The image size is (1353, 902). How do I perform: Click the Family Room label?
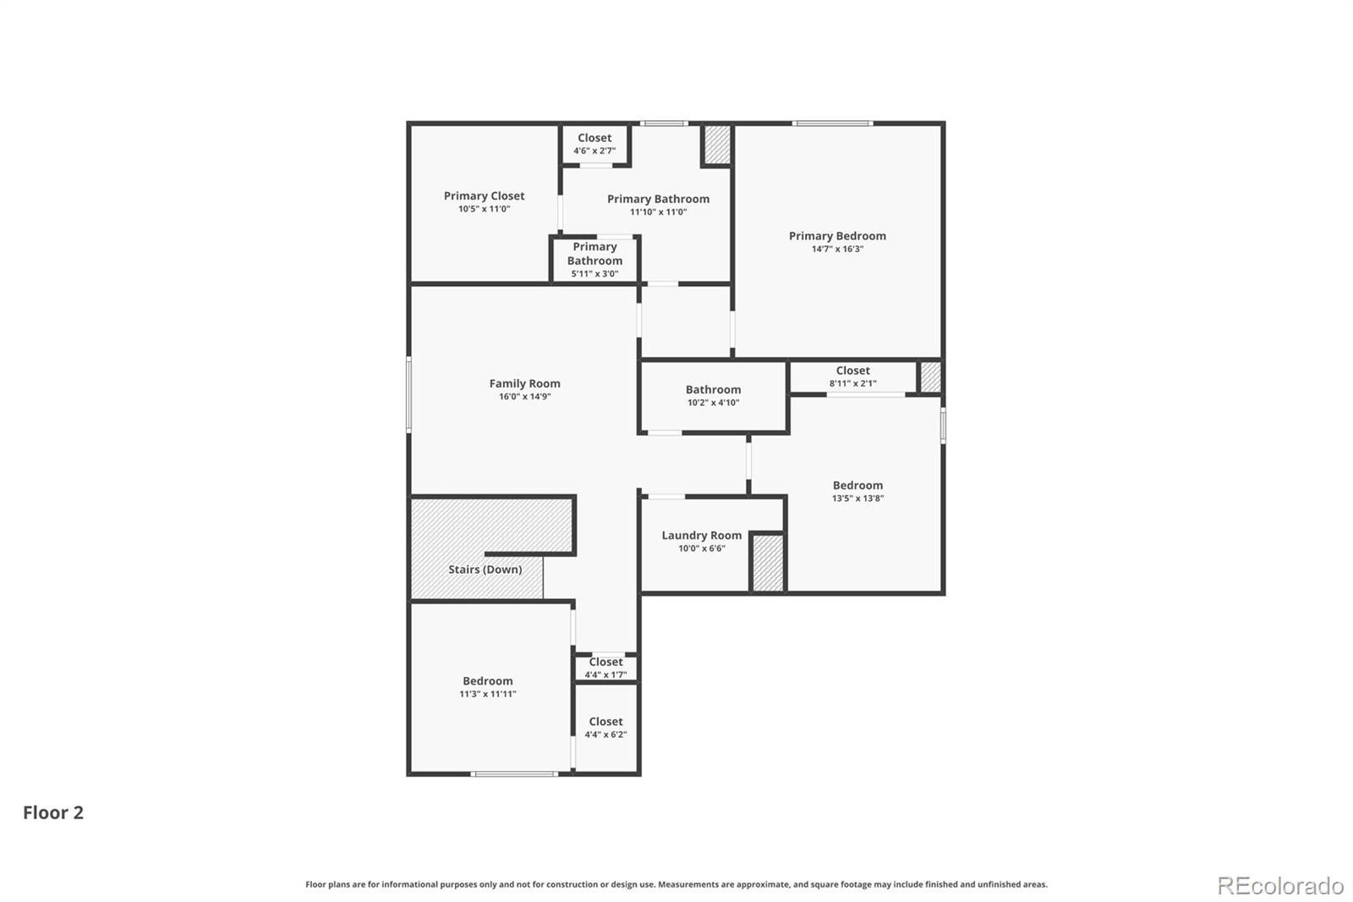click(x=524, y=383)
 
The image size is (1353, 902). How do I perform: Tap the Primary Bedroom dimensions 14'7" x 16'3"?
click(x=837, y=249)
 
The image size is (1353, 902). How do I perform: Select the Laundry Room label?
click(x=701, y=535)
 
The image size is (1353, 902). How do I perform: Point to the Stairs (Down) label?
click(x=485, y=569)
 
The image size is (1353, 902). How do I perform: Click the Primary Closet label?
click(x=484, y=195)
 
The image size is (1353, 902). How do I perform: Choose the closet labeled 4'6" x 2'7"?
click(x=594, y=144)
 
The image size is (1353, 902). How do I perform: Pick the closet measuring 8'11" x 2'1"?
click(x=853, y=376)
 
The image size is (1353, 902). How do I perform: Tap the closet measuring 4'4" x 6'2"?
click(x=605, y=728)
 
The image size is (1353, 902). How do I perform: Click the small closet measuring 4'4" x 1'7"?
click(x=605, y=668)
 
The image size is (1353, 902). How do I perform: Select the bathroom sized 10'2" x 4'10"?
click(x=713, y=395)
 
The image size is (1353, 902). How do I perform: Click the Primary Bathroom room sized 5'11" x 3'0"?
click(x=594, y=260)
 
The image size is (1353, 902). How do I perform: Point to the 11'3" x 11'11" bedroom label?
click(x=487, y=687)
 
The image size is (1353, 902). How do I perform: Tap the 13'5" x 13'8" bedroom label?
click(x=857, y=491)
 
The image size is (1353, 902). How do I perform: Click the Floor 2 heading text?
click(x=53, y=812)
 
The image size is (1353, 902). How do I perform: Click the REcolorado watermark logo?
click(x=1280, y=886)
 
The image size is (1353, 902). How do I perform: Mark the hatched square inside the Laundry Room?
click(x=768, y=563)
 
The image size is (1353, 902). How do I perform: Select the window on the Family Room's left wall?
click(x=409, y=394)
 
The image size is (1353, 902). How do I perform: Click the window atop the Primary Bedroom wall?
click(x=832, y=124)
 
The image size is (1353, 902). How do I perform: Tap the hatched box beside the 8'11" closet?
click(x=930, y=377)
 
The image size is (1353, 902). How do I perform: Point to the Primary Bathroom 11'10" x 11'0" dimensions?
click(x=659, y=212)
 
